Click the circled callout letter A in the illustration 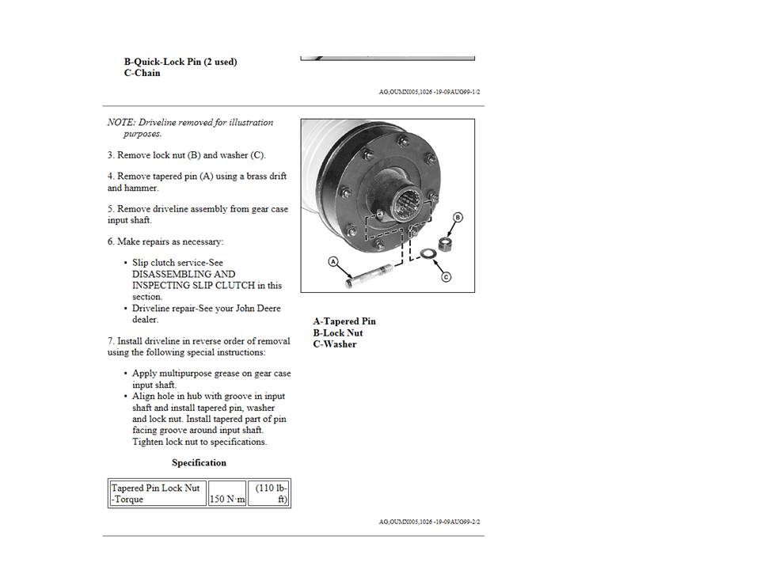[x=333, y=261]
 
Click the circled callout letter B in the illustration [x=458, y=217]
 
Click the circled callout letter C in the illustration [x=446, y=277]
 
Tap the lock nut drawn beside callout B [x=445, y=243]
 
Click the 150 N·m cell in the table [x=227, y=500]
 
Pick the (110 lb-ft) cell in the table [x=268, y=494]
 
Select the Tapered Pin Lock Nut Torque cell [x=156, y=494]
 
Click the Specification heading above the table [x=199, y=463]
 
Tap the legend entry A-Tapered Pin [x=344, y=321]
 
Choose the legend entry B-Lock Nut [x=338, y=333]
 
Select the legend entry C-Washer [x=335, y=344]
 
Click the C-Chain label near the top [x=142, y=73]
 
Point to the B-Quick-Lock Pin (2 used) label [x=180, y=62]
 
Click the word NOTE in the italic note [x=121, y=123]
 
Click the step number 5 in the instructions [x=110, y=209]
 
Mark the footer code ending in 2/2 [x=429, y=522]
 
